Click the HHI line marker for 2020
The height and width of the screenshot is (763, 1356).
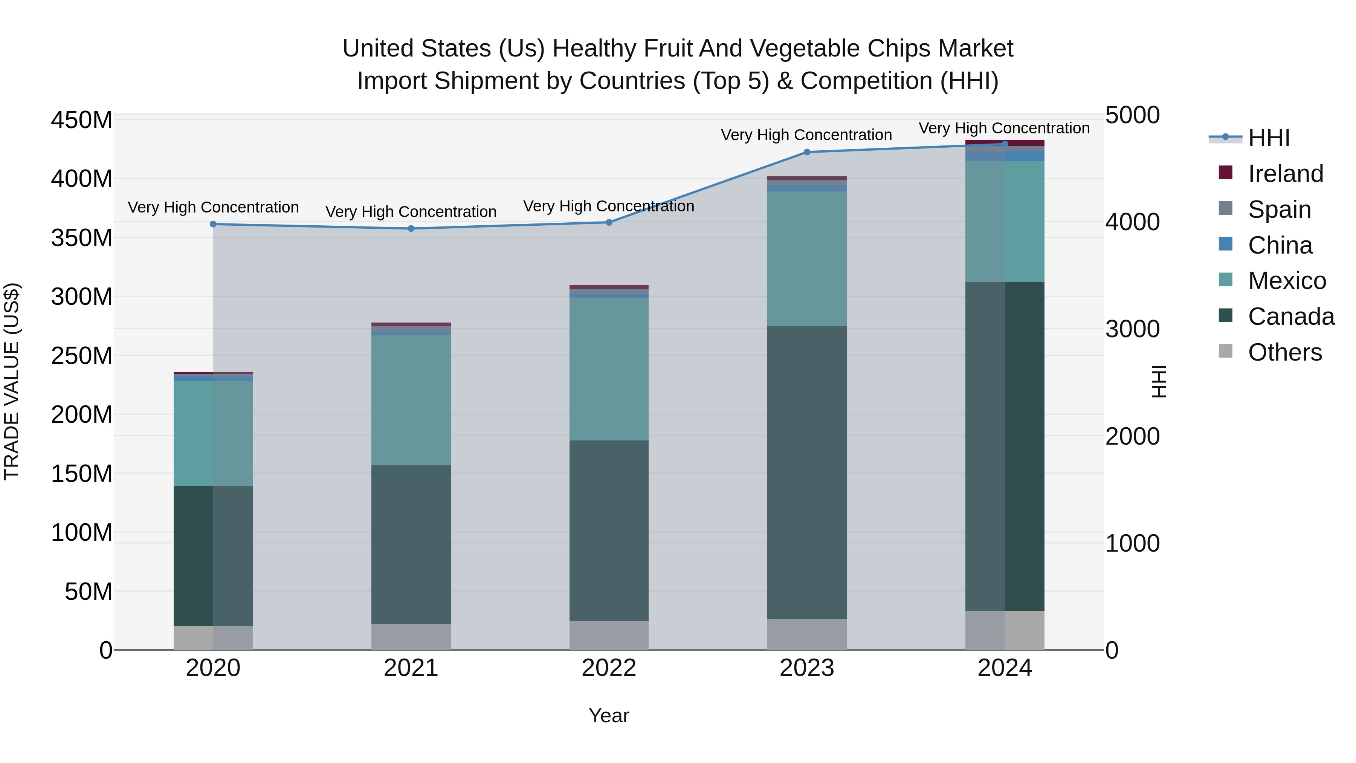tap(213, 224)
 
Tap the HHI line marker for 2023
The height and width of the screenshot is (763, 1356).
tap(807, 152)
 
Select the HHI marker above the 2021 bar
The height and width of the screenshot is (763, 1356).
tap(411, 229)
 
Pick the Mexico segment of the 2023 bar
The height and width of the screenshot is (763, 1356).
tap(807, 258)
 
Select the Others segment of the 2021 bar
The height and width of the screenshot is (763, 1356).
tap(411, 637)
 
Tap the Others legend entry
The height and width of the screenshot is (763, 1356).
tap(1284, 352)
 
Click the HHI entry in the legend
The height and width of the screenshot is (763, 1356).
tap(1268, 138)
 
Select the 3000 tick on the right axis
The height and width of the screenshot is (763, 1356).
tap(1132, 329)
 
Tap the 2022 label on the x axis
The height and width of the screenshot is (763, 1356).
tap(609, 668)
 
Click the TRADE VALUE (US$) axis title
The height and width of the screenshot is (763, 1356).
tap(12, 381)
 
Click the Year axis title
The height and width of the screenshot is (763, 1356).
tap(609, 716)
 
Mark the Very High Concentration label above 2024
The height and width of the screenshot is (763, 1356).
tap(1004, 128)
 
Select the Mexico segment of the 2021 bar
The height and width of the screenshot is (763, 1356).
tap(411, 400)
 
